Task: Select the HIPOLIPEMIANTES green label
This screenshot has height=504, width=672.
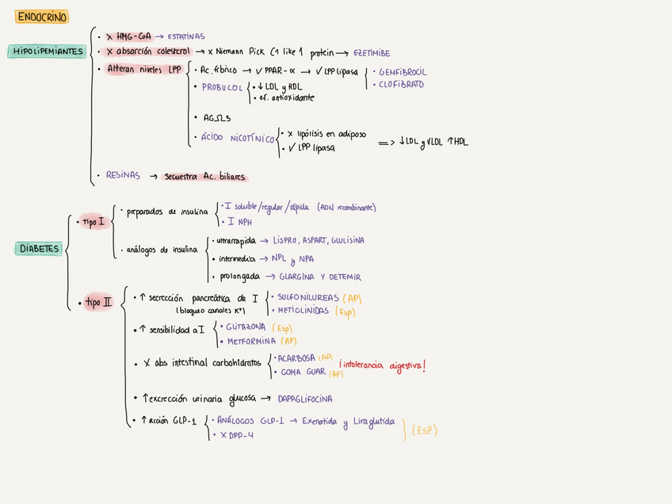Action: point(48,52)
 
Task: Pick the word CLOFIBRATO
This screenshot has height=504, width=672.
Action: point(401,84)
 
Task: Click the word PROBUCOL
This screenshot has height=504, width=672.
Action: point(222,87)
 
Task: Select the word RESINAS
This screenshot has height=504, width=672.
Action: point(124,175)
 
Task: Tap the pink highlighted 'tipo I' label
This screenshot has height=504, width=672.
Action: point(94,223)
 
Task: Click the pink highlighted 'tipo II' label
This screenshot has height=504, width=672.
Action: point(99,302)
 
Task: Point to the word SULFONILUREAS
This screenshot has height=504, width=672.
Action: point(306,297)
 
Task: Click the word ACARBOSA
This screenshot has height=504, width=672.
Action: point(296,358)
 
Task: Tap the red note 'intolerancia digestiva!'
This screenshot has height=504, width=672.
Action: point(382,366)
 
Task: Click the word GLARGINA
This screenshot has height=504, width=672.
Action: point(298,277)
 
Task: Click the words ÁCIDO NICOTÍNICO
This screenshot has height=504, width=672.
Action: point(237,138)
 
